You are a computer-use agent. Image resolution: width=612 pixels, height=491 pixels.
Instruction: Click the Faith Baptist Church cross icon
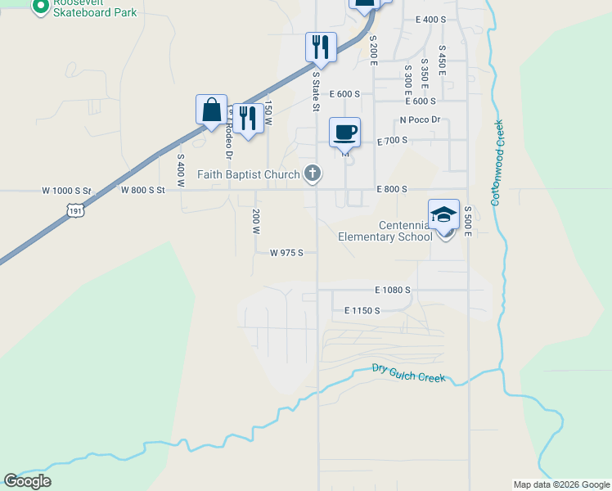[311, 173]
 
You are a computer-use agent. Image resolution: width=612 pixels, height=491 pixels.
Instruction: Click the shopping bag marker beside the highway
[211, 110]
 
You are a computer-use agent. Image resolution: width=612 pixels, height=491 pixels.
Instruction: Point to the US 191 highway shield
[75, 210]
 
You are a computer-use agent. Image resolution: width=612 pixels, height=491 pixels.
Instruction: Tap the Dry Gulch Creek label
[408, 373]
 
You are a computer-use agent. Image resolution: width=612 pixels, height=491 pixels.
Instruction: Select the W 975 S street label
[287, 253]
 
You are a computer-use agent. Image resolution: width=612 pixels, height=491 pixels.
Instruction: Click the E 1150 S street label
[362, 310]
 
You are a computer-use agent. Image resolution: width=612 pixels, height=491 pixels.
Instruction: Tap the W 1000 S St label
[65, 190]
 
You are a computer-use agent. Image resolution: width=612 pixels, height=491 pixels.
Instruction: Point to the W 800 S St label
[143, 190]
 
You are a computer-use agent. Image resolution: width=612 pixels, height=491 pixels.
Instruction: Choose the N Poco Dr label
[420, 120]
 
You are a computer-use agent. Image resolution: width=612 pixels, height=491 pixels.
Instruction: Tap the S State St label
[316, 90]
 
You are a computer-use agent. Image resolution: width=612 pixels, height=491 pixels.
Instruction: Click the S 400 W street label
[181, 170]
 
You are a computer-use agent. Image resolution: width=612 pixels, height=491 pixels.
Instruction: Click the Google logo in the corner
[27, 480]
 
